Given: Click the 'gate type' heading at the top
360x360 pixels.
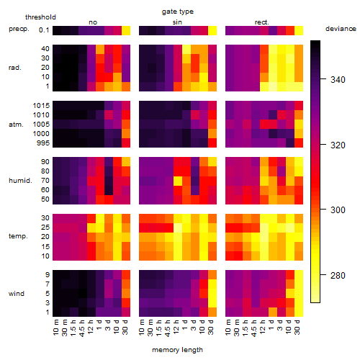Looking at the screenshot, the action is coord(178,12).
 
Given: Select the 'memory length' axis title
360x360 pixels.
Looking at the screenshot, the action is coord(177,350).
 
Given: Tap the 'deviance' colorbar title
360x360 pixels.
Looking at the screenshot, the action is coord(341,29).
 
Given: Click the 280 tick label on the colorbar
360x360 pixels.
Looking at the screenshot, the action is coord(338,275).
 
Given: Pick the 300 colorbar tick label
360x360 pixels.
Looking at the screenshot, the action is coord(338,210).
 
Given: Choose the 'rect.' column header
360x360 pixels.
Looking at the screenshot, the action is coord(261,22).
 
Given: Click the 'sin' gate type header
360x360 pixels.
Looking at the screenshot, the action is coord(177,22).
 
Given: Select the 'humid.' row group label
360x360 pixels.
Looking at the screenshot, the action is coord(20,181).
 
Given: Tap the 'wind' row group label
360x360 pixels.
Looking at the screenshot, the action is coord(17,294).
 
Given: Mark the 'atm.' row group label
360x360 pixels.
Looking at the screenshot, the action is coord(16,125).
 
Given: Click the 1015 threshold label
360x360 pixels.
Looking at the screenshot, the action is coord(41,106).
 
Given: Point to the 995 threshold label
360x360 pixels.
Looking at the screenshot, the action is coord(43,143).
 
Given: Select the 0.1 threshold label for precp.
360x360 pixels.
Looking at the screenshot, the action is coord(44,30).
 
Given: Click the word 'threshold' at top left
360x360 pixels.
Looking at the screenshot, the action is coord(40,17).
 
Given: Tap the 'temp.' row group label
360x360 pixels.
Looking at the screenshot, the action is coord(18,236).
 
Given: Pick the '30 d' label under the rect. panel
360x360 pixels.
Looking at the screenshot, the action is coord(297,327).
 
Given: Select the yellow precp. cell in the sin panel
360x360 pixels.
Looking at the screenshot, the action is coord(212,30).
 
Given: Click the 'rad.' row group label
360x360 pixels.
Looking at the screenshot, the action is coord(15,68).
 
